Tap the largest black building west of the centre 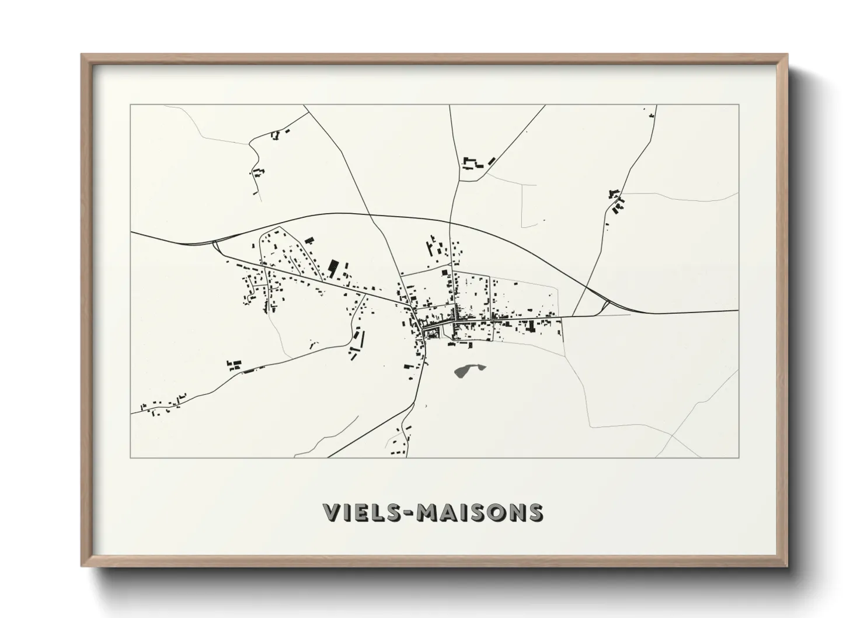[x=333, y=268]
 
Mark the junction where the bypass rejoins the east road [x=607, y=303]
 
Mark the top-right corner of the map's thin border [x=738, y=105]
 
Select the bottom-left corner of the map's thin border [x=131, y=457]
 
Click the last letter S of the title [x=535, y=512]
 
